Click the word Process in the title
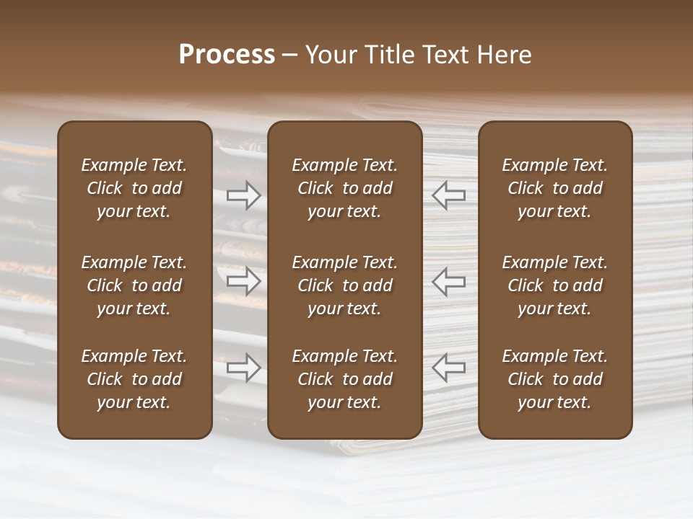coord(227,55)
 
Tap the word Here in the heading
coord(503,55)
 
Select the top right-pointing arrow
coord(243,195)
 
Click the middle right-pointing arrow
coord(243,281)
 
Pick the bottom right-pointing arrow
coord(243,367)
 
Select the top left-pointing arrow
coord(448,195)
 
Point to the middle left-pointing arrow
coord(448,281)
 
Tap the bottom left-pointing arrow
coord(448,367)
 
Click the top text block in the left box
coord(134,188)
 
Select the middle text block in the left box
coord(134,285)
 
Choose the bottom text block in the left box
coord(134,379)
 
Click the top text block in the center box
coord(345,188)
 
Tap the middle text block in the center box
coord(345,285)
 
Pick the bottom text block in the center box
coord(345,379)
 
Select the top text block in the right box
coord(555,188)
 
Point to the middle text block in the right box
coord(555,285)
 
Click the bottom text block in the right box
coord(555,379)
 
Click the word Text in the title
coord(442,55)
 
